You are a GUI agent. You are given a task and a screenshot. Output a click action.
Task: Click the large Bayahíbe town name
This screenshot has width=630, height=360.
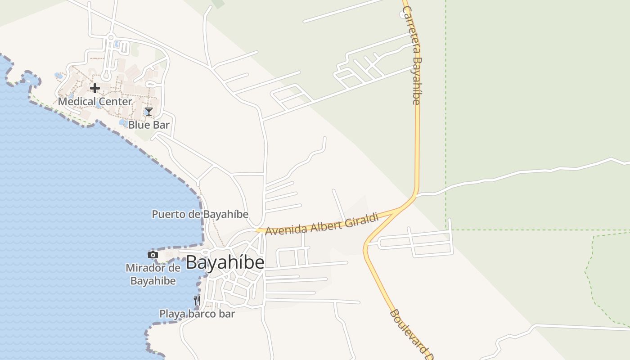click(x=225, y=262)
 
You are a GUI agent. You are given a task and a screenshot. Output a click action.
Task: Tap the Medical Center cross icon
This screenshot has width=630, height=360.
click(x=94, y=88)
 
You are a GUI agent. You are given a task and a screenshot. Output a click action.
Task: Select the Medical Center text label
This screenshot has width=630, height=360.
click(x=95, y=101)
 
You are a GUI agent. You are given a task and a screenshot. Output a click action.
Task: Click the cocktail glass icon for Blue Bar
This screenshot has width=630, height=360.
click(x=149, y=112)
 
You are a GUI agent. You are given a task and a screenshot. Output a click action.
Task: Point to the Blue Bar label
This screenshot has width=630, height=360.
click(x=148, y=125)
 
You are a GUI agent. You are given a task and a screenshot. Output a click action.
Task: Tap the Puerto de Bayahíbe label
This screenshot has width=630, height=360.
click(x=200, y=214)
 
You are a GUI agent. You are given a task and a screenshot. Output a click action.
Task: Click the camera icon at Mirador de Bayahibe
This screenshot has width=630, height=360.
click(x=153, y=255)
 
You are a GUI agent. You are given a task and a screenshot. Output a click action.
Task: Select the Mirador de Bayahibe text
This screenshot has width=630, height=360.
click(x=153, y=274)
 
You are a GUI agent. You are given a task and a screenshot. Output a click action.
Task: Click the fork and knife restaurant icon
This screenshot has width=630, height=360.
click(x=197, y=300)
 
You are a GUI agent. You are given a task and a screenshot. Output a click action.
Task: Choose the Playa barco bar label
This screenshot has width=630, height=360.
click(x=197, y=314)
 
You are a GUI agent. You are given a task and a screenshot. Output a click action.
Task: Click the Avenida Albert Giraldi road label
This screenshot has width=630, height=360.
click(x=321, y=224)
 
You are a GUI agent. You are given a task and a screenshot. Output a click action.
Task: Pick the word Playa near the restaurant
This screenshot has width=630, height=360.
click(x=171, y=314)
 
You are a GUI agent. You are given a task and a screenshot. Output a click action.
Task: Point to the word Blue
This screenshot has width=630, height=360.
click(x=138, y=125)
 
